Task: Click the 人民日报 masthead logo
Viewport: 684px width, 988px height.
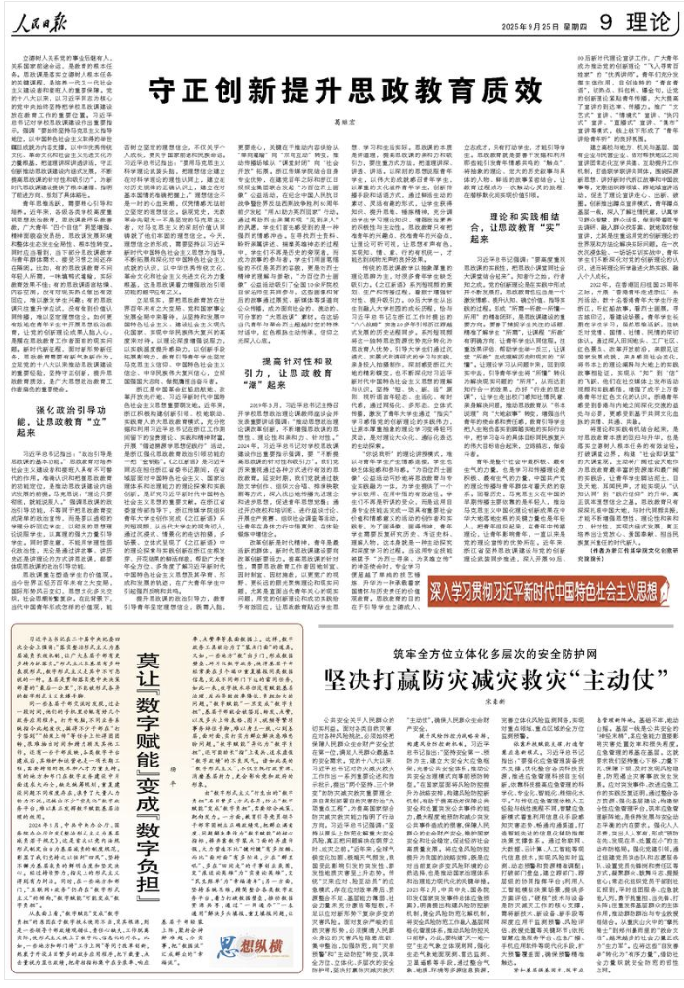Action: (45, 18)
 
